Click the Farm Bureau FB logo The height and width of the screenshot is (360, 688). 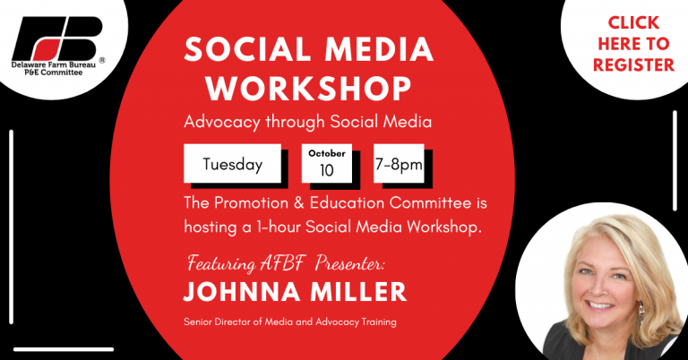coord(57,39)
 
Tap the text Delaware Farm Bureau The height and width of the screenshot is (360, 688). coord(54,64)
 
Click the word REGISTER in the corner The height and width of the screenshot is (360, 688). coord(633,64)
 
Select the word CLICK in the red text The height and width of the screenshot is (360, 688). coord(633,22)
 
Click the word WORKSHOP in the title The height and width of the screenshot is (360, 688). coord(308,89)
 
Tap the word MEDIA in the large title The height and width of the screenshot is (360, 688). coord(379,49)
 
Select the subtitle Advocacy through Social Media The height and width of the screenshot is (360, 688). coord(307,122)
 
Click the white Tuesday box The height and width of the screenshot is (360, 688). coord(233,164)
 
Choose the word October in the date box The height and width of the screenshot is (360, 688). coord(327,153)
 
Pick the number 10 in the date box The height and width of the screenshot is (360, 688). coord(327,170)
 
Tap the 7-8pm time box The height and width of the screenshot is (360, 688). coord(399,164)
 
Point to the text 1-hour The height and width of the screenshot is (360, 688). coord(279,227)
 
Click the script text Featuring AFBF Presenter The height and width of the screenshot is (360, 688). coord(286,263)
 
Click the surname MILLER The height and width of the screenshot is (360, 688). coord(358,293)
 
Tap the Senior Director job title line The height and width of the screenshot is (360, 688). coord(290,321)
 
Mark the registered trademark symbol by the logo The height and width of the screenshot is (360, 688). coord(102,61)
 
